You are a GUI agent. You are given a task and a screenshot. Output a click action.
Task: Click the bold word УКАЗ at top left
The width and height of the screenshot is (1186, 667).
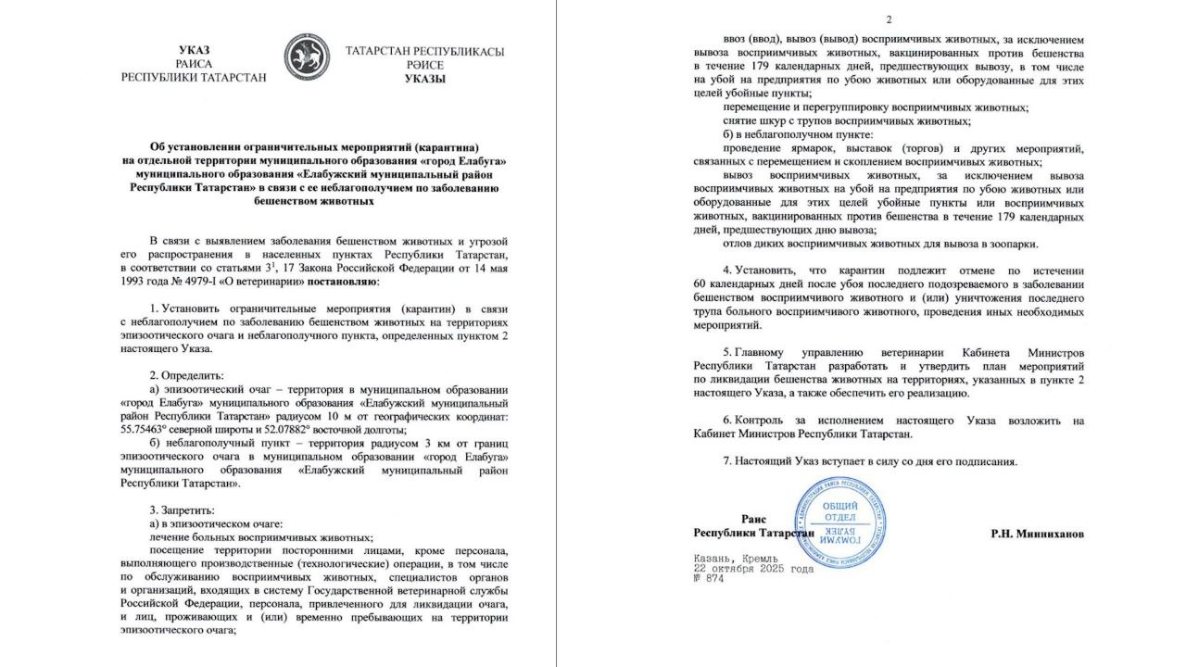click(194, 50)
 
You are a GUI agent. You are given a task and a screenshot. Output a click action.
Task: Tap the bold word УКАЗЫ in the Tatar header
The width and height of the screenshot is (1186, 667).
click(424, 80)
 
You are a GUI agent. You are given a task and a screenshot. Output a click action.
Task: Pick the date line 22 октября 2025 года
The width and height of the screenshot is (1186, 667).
click(753, 569)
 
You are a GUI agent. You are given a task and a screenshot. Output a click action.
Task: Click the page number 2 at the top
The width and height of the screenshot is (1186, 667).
click(889, 19)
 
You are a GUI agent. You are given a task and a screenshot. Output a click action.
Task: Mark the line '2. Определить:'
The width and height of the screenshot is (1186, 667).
click(187, 377)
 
